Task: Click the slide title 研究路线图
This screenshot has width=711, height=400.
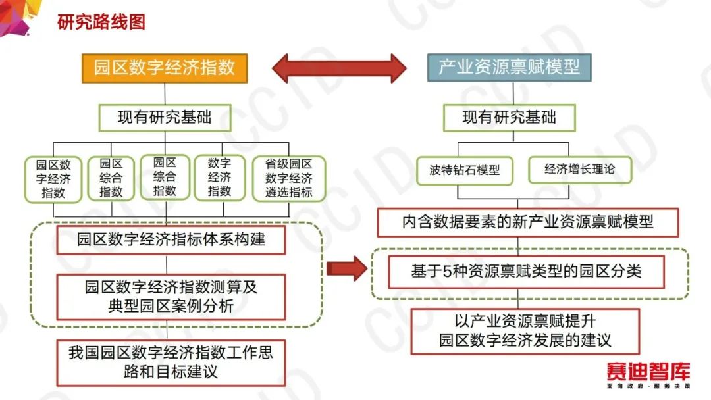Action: (101, 22)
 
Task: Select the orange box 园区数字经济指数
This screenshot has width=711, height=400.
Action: (165, 68)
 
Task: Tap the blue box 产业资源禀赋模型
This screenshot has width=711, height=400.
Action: (509, 67)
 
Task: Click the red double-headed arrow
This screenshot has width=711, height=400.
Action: (339, 68)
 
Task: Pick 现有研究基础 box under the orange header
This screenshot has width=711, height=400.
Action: (165, 118)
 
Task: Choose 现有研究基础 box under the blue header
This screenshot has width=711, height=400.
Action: (509, 118)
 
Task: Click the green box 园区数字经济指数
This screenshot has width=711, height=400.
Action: (53, 179)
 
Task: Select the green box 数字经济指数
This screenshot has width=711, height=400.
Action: (219, 177)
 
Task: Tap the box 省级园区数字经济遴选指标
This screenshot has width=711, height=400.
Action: (289, 178)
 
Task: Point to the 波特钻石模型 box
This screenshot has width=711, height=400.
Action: (465, 170)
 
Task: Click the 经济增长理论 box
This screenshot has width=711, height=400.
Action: (580, 170)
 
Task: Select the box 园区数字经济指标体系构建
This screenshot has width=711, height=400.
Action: (171, 239)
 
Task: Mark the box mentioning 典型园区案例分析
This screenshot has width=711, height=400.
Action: (171, 297)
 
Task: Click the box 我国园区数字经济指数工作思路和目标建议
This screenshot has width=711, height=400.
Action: (171, 363)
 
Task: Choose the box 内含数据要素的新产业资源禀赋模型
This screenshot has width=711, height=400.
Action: (528, 222)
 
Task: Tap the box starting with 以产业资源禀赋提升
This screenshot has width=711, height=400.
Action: (525, 331)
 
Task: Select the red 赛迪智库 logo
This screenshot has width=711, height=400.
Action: (648, 372)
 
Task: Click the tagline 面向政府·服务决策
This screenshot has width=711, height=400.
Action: (648, 386)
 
